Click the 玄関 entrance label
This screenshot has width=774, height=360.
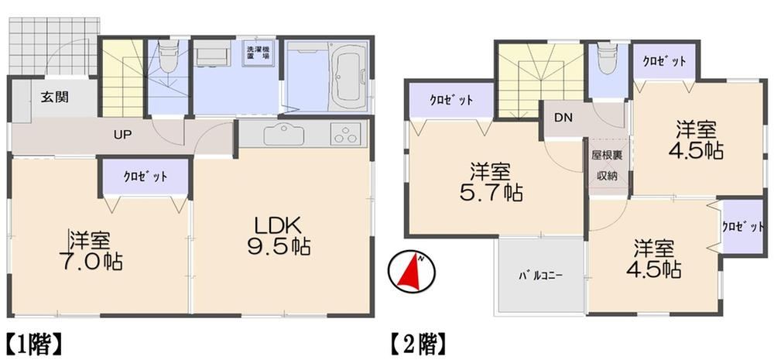[54, 97]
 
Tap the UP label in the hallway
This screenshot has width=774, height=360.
[122, 134]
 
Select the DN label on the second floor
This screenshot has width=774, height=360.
[563, 118]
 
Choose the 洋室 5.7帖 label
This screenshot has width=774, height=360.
[491, 183]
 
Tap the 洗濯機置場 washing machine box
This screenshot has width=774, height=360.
[259, 53]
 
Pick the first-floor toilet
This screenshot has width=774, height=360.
[168, 56]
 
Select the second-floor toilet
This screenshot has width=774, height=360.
[606, 58]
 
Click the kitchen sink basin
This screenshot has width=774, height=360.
[283, 134]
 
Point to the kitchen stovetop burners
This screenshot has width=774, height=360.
[345, 133]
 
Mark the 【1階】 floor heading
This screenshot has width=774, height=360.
[34, 345]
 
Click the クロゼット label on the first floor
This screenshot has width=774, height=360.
[146, 177]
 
